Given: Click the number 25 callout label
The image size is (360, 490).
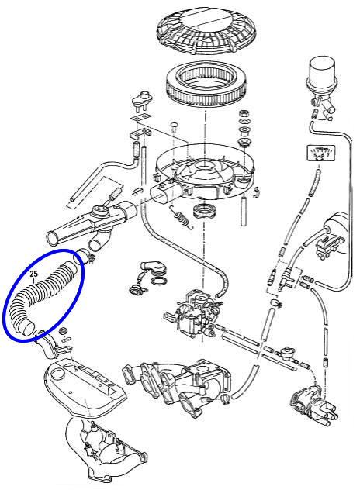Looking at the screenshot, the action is pyautogui.click(x=34, y=274).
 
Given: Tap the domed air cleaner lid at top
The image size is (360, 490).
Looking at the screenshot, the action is pyautogui.click(x=206, y=30).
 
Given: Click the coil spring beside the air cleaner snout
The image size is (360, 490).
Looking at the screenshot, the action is pyautogui.click(x=181, y=218).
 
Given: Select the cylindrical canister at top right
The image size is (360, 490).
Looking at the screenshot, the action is pyautogui.click(x=322, y=76).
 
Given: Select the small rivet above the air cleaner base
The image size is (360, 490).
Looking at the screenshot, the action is pyautogui.click(x=174, y=127).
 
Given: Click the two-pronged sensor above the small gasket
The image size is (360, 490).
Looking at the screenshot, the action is pyautogui.click(x=142, y=99).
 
